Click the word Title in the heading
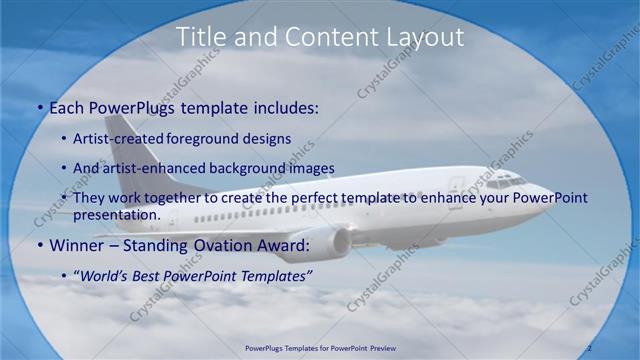tap(201, 38)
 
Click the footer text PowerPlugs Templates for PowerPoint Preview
tap(320, 349)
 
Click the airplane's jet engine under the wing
tap(325, 243)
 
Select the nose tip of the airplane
tap(549, 194)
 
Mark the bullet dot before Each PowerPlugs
tap(39, 107)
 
